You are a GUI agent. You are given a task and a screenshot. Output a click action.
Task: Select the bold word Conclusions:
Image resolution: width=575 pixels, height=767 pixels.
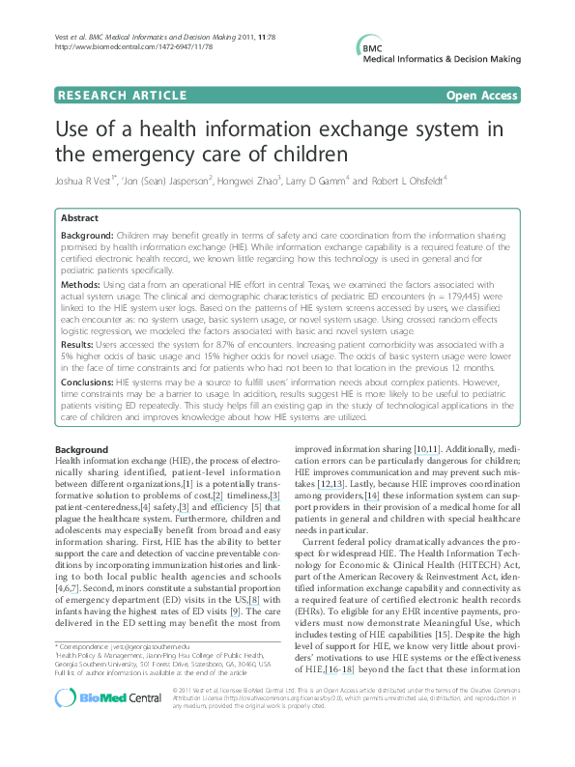87,382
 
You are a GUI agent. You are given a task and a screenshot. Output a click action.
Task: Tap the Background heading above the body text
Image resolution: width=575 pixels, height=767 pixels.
81,450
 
